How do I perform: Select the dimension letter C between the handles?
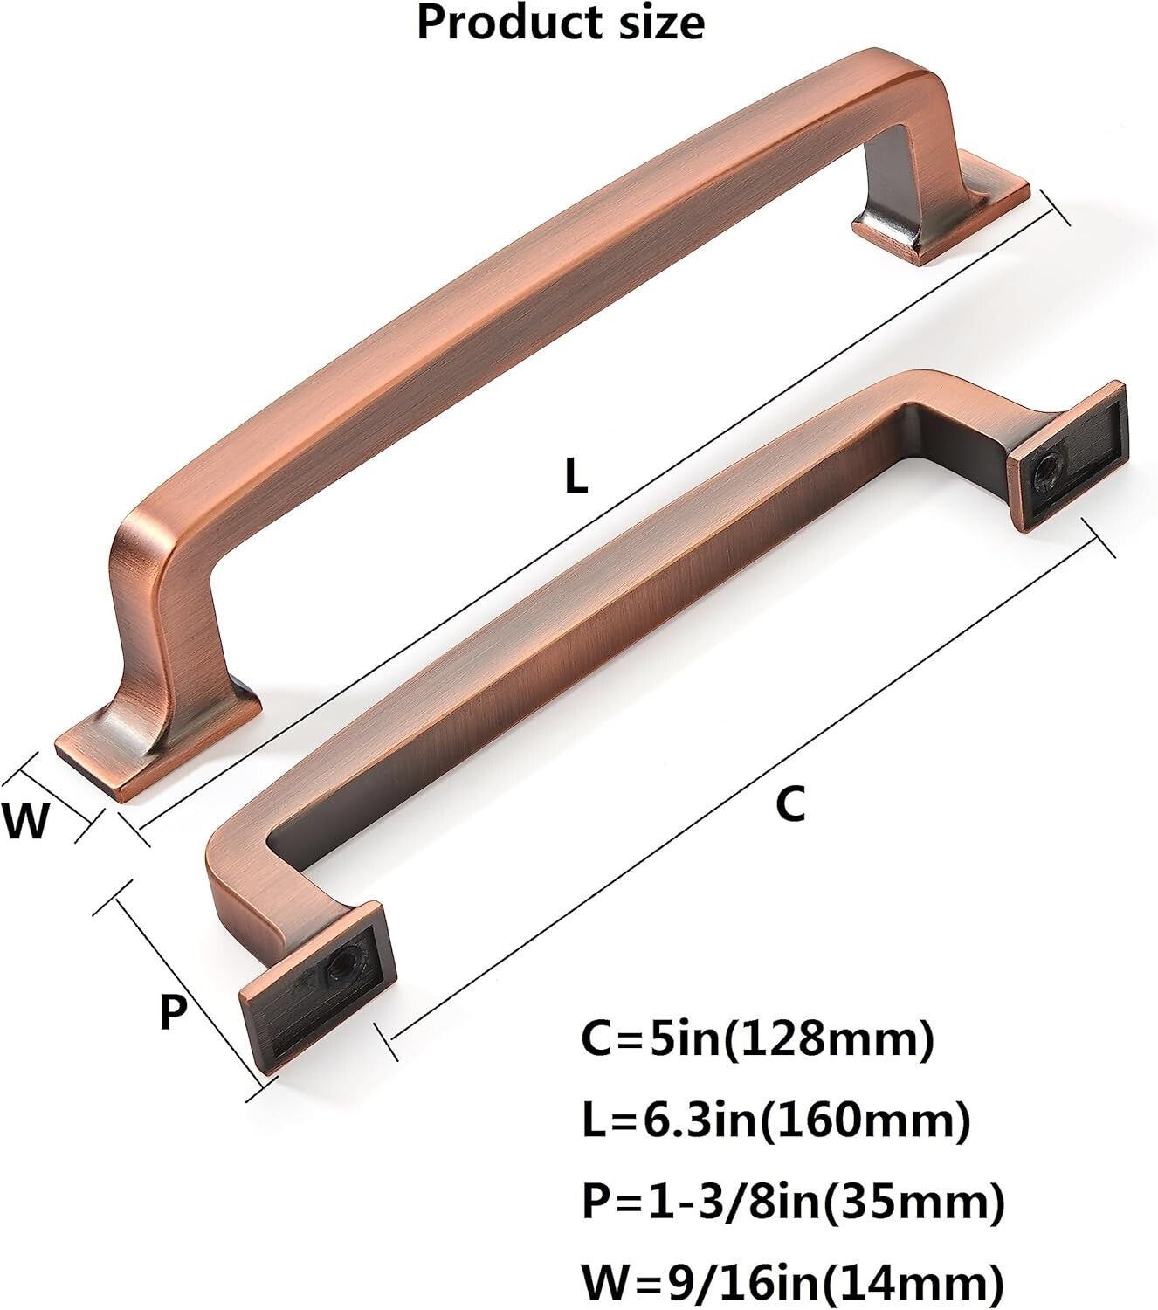[x=789, y=803]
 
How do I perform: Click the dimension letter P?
[x=174, y=1013]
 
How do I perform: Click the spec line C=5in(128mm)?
[x=756, y=1040]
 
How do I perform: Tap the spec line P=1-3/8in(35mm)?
[x=793, y=1203]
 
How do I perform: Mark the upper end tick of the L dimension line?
[x=1056, y=210]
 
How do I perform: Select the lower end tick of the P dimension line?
[x=262, y=1089]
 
